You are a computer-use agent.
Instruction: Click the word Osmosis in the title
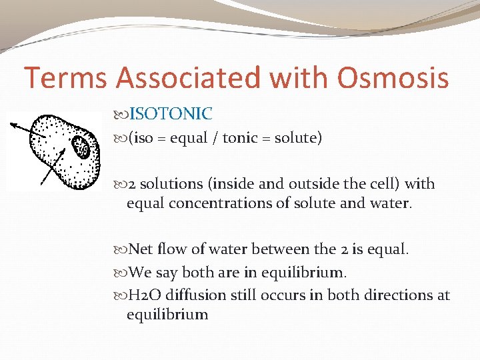pyautogui.click(x=393, y=78)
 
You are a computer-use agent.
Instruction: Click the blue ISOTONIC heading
pyautogui.click(x=170, y=115)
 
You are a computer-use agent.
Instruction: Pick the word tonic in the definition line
pyautogui.click(x=240, y=138)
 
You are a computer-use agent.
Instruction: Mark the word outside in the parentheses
pyautogui.click(x=313, y=183)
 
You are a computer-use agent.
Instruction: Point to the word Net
pyautogui.click(x=140, y=249)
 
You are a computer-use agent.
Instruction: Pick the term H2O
pyautogui.click(x=145, y=295)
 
